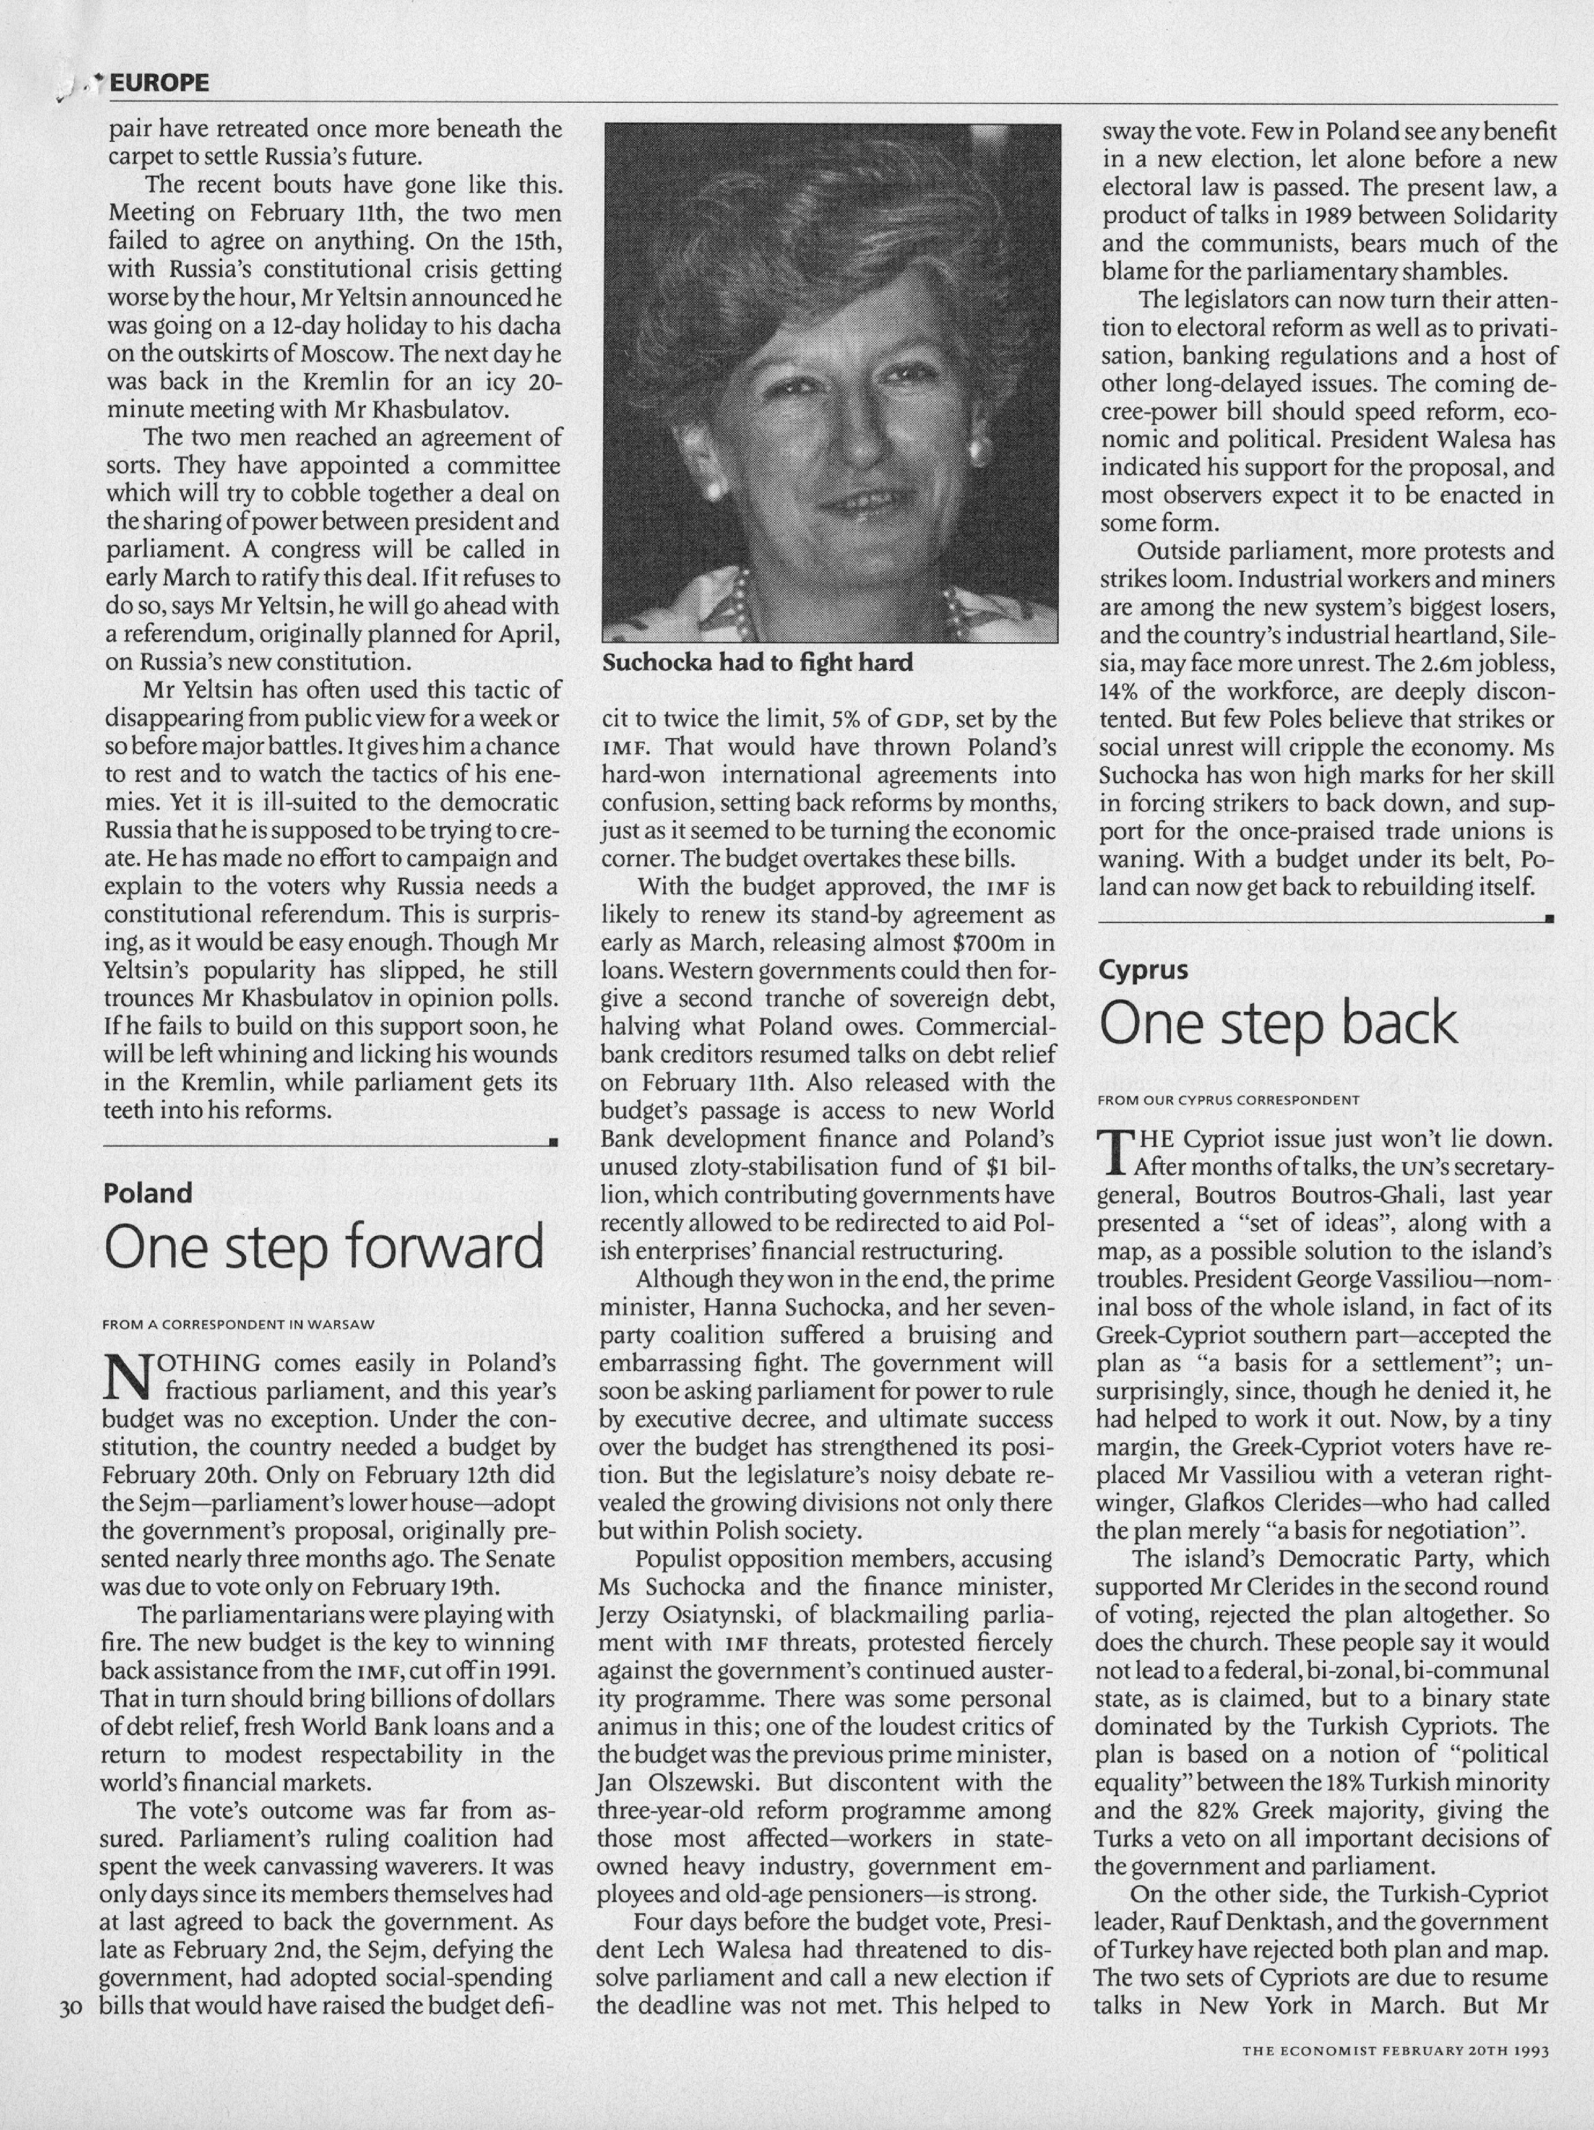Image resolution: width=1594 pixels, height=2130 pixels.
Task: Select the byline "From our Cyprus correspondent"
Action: click(1228, 1100)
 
